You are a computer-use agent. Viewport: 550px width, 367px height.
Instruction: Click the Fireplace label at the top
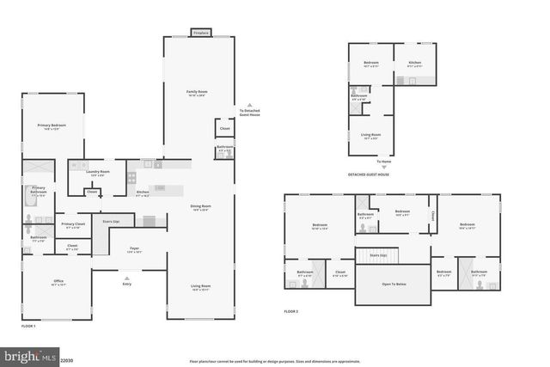click(x=200, y=33)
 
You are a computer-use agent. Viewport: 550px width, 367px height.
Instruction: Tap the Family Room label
click(x=198, y=93)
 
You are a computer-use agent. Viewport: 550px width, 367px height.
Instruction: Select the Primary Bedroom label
click(x=52, y=126)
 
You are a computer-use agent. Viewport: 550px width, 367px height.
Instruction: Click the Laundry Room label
click(x=98, y=173)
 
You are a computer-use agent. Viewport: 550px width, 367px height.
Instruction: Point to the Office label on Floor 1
click(x=58, y=283)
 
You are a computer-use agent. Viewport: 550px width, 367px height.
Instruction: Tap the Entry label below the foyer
click(x=126, y=283)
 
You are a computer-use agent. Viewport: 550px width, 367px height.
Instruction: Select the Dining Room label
click(x=200, y=207)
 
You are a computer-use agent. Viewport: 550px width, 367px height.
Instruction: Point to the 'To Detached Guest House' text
click(x=249, y=112)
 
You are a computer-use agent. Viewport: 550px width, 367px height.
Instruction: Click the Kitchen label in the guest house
click(x=415, y=64)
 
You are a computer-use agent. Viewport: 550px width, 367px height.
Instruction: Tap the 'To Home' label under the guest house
click(x=382, y=162)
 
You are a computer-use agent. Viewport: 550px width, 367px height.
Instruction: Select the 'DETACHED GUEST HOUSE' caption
click(x=369, y=174)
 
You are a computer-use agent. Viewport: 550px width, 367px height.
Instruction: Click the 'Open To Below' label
click(x=394, y=284)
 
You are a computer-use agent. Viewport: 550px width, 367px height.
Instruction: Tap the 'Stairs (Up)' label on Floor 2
click(x=377, y=255)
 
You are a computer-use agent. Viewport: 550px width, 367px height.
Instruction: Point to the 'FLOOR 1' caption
click(x=29, y=327)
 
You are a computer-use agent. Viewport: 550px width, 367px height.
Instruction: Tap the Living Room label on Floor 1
click(x=200, y=287)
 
